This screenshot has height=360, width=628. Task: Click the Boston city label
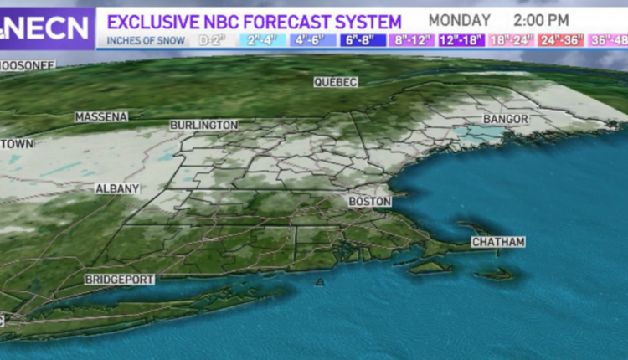(369, 203)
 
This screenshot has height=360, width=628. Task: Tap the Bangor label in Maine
(506, 120)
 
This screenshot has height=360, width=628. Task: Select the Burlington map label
(203, 125)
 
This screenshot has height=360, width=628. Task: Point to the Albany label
(116, 189)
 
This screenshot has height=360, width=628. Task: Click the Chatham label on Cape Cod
(498, 243)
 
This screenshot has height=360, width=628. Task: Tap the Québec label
(336, 82)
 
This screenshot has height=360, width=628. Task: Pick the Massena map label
(101, 116)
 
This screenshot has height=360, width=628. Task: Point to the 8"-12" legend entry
(414, 39)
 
